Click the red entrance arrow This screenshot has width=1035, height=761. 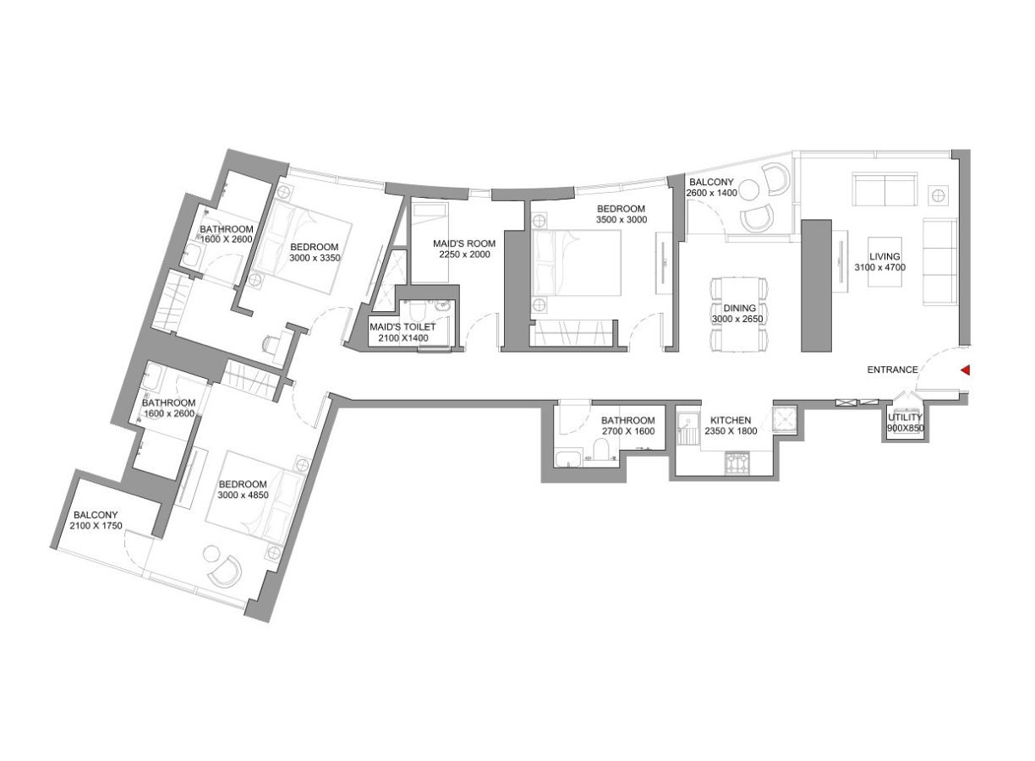click(964, 370)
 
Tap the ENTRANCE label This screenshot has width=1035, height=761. click(892, 370)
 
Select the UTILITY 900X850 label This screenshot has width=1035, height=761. click(905, 423)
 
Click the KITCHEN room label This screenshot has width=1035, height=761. click(730, 425)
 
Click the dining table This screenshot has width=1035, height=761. click(740, 313)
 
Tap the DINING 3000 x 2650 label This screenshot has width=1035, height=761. click(739, 314)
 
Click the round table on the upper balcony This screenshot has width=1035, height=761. click(749, 188)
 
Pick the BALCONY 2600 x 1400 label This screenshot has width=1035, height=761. click(714, 188)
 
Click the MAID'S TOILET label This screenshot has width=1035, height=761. click(402, 332)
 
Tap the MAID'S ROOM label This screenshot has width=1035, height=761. click(464, 249)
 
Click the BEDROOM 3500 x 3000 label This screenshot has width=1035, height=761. click(621, 214)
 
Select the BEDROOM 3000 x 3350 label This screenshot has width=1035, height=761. click(315, 253)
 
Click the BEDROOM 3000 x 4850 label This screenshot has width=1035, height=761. click(244, 490)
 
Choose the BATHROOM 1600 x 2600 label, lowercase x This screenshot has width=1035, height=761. click(169, 408)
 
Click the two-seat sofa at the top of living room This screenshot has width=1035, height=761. click(884, 189)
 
